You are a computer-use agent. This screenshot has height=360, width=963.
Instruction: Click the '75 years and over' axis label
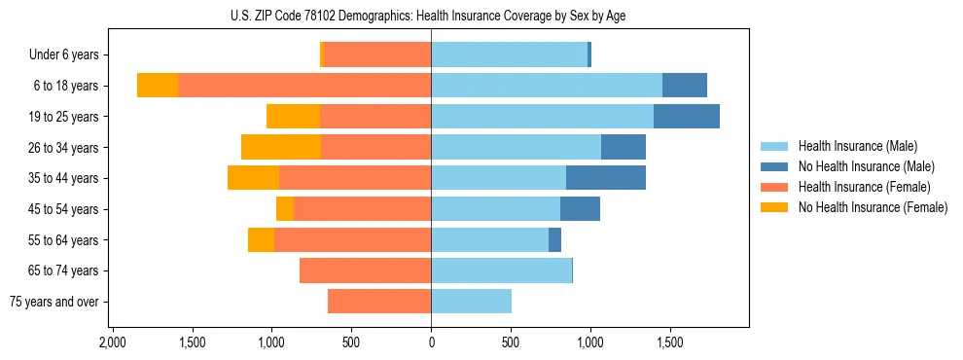pyautogui.click(x=54, y=302)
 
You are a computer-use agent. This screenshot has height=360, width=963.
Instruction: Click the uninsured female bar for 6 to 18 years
pyautogui.click(x=158, y=86)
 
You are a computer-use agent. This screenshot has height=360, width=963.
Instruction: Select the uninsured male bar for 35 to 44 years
pyautogui.click(x=606, y=178)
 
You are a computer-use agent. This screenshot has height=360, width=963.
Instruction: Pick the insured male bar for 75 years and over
pyautogui.click(x=471, y=302)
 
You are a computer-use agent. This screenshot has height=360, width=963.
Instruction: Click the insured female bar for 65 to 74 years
pyautogui.click(x=365, y=270)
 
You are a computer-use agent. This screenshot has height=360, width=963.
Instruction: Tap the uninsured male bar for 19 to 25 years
pyautogui.click(x=687, y=117)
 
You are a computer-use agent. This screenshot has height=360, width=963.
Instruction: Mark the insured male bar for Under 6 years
pyautogui.click(x=509, y=55)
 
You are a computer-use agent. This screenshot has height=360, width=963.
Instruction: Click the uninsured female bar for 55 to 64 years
pyautogui.click(x=261, y=239)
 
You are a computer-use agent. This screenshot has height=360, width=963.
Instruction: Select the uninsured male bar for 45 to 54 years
pyautogui.click(x=580, y=209)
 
